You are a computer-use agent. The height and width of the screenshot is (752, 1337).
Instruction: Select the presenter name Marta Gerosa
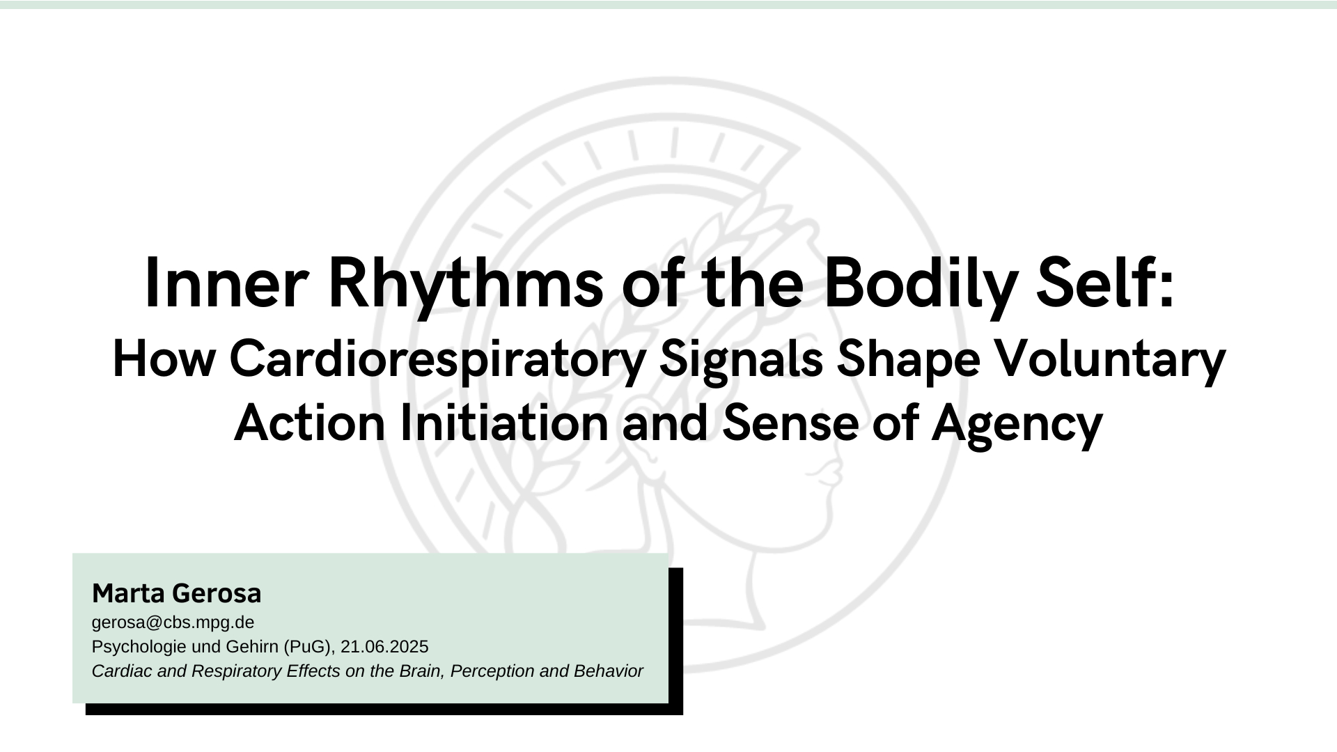[x=177, y=594]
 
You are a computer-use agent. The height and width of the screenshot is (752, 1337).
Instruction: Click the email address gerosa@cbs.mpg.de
[x=173, y=622]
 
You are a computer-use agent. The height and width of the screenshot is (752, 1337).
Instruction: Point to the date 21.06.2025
[x=384, y=647]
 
